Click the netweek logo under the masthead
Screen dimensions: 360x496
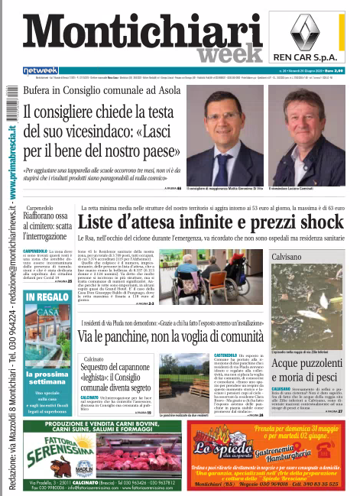tap(41, 71)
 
